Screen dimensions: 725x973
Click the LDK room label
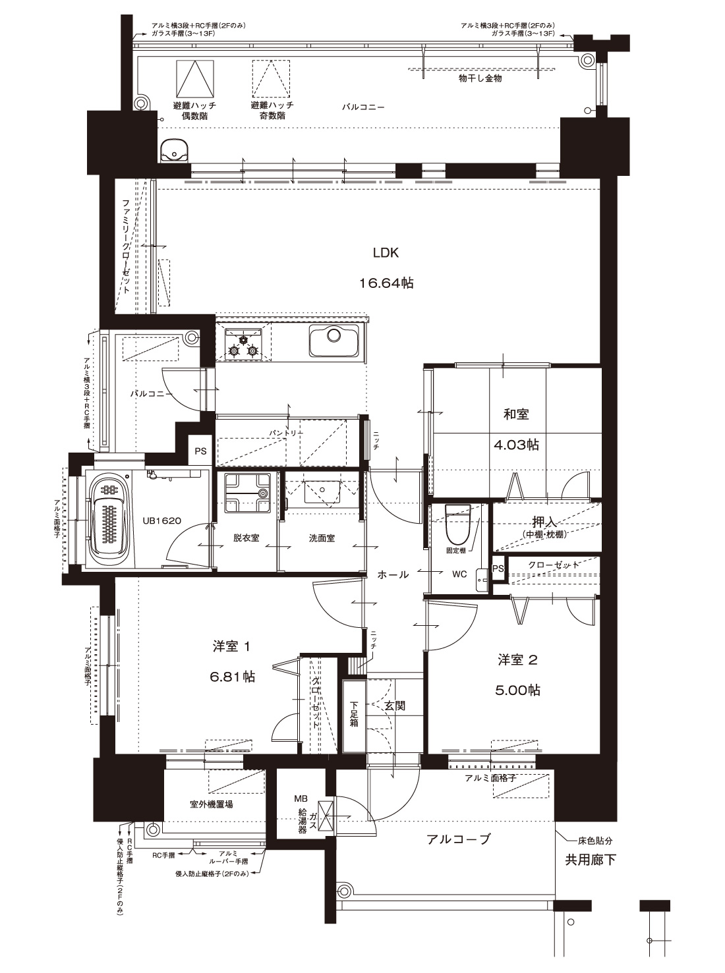click(x=386, y=253)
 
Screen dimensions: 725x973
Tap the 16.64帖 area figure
click(x=386, y=283)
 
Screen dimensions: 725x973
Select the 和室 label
click(x=516, y=414)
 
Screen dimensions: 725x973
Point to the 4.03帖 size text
click(x=516, y=445)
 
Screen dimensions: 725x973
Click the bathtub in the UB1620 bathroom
click(x=108, y=520)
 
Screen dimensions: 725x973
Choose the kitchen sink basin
click(x=334, y=341)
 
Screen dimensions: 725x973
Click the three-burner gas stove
click(x=243, y=342)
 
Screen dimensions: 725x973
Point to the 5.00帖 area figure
click(x=517, y=690)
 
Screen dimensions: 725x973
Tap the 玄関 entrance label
click(x=395, y=706)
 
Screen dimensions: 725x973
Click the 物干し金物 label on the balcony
click(x=480, y=78)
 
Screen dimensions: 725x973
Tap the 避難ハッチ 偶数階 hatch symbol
click(x=195, y=79)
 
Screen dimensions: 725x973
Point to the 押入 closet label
click(x=544, y=522)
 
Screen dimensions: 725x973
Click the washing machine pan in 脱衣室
click(x=247, y=493)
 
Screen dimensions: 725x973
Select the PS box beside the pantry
click(x=200, y=451)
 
